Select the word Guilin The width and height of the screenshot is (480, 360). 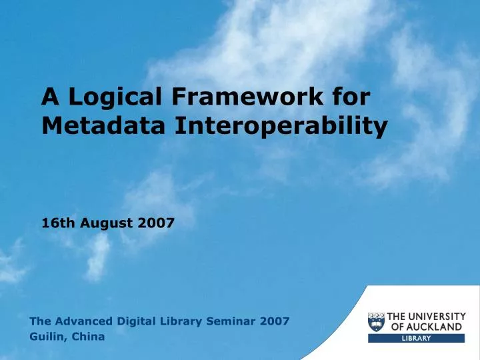point(47,337)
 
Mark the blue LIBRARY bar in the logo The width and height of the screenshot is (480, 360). point(416,339)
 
